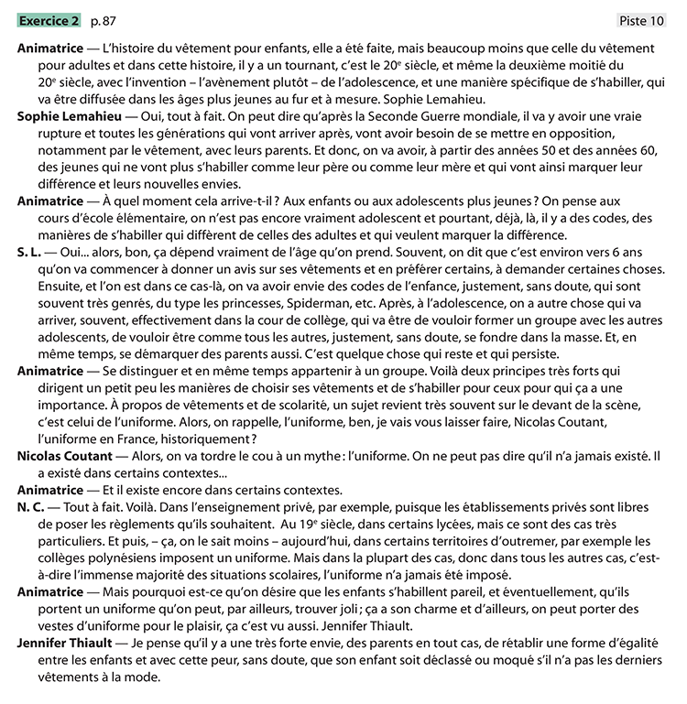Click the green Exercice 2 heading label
[x=49, y=20]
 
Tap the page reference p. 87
[x=104, y=20]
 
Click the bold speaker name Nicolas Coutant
[x=65, y=455]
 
